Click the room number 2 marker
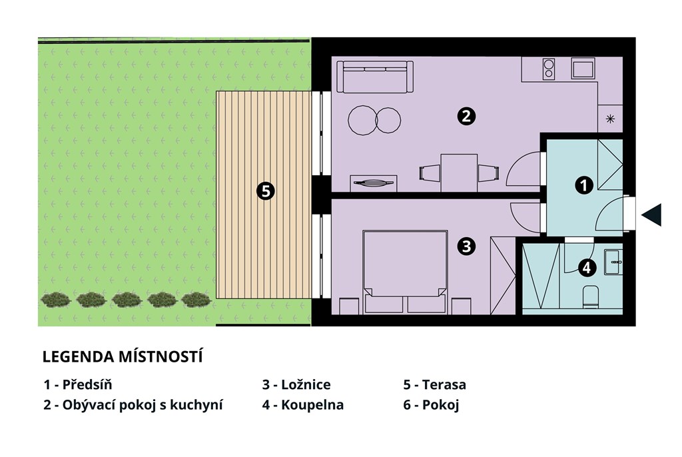[466, 116]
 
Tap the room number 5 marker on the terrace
[265, 191]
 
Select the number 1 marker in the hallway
[583, 185]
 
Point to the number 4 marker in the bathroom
[586, 268]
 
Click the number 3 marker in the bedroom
[466, 246]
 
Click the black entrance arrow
[651, 215]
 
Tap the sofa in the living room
[375, 77]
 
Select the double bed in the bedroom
[405, 272]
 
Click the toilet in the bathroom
[590, 296]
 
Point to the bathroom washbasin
[613, 262]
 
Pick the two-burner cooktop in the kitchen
[549, 69]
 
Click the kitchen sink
[583, 69]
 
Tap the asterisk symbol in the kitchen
[610, 119]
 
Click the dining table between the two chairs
[459, 173]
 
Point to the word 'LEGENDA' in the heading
[79, 357]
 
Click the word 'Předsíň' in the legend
[87, 384]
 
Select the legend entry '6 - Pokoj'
[431, 405]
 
